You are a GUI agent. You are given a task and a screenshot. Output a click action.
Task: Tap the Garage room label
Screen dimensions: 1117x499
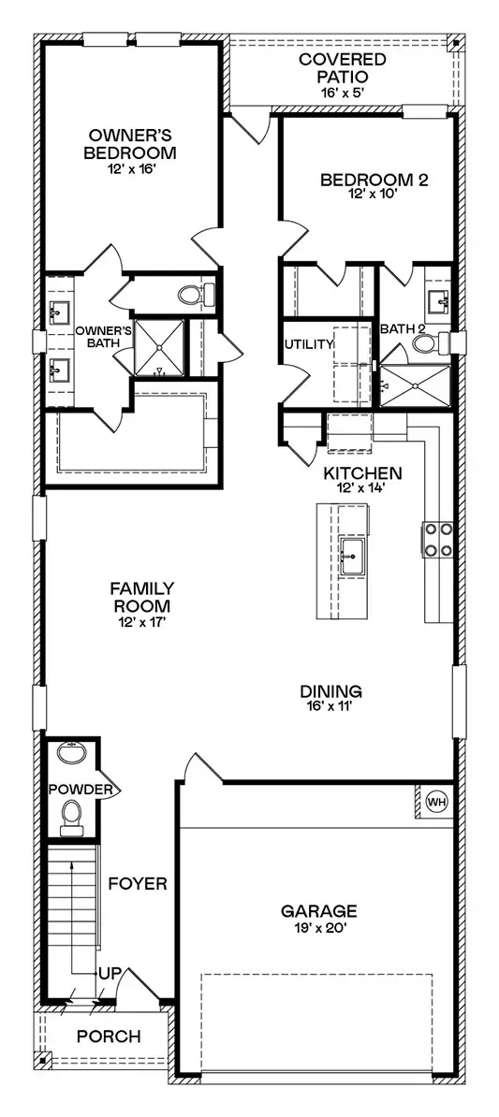point(318,909)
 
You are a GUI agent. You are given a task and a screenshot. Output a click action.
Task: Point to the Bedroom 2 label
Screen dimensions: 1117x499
point(374,181)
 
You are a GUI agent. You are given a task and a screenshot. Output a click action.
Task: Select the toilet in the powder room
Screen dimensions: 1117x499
point(71,820)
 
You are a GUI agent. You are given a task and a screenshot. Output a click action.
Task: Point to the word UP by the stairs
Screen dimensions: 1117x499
point(110,974)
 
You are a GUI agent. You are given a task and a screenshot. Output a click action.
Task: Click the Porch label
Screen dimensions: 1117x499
point(109,1037)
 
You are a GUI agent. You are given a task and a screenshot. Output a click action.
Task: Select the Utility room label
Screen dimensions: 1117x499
point(309,344)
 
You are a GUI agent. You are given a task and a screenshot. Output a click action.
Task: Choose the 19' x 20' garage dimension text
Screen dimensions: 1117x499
point(318,926)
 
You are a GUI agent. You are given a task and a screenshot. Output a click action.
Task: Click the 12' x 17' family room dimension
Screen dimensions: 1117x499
point(142,621)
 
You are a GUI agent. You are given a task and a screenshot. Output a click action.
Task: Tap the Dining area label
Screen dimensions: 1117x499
point(330,691)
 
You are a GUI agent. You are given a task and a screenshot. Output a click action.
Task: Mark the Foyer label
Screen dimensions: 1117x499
point(138,883)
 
